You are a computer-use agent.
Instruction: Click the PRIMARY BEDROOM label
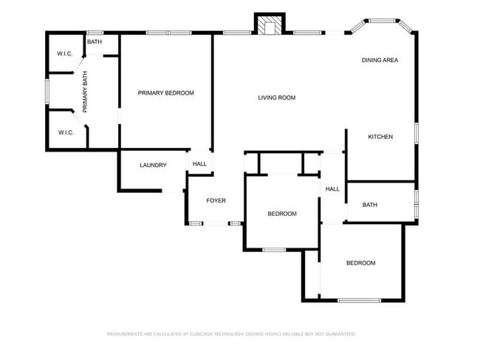coord(166,93)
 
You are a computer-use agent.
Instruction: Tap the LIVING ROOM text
coord(277,98)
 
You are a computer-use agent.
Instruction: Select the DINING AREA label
coord(380,60)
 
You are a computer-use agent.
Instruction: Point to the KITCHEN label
coord(380,137)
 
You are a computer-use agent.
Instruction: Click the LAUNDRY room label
coord(153,165)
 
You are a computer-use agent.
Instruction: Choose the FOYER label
coord(216,200)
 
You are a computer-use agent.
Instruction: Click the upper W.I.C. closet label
coord(65,54)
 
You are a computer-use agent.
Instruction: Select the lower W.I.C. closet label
coord(65,132)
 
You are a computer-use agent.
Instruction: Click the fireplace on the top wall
coord(269,25)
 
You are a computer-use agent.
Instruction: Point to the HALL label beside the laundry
coord(199,164)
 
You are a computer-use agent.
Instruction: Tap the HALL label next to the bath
coord(333,189)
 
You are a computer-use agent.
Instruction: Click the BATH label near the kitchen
coord(369,205)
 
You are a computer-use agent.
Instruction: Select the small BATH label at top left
coord(95,42)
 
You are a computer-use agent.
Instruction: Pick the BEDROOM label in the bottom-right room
coord(361,263)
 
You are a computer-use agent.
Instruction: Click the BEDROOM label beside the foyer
coord(281,214)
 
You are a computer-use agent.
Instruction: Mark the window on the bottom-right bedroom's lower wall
coord(359,300)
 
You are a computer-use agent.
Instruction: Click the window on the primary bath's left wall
coord(47,91)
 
